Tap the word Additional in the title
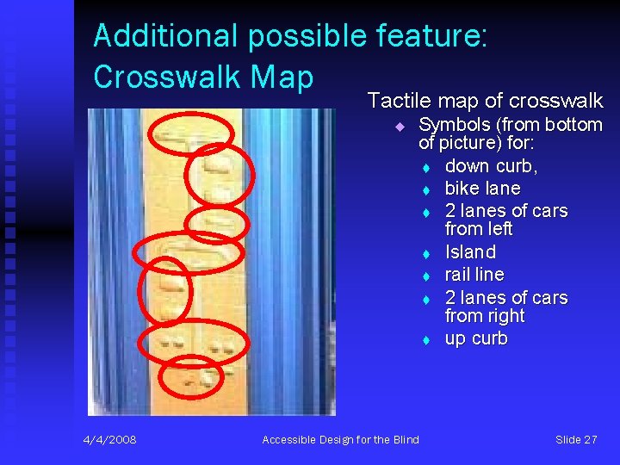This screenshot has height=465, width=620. [x=165, y=36]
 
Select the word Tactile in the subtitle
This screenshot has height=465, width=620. [x=398, y=100]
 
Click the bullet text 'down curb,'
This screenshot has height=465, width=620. [x=491, y=166]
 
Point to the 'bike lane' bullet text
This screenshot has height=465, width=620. [x=482, y=189]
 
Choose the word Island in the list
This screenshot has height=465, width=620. [x=470, y=252]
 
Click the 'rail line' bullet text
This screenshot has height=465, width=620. [x=474, y=275]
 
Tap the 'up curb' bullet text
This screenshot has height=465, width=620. [x=476, y=338]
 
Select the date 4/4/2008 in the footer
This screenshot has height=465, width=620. [x=109, y=440]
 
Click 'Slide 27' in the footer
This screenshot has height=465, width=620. [x=576, y=440]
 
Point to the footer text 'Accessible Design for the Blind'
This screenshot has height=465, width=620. [x=340, y=440]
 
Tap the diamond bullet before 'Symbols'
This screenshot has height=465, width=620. [x=400, y=127]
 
